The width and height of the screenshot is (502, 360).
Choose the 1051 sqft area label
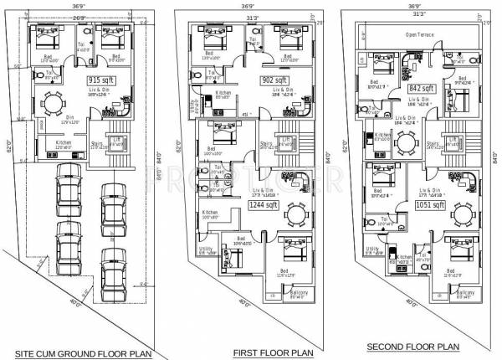tap(428, 203)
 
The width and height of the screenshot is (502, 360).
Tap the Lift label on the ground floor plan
tap(116, 138)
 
